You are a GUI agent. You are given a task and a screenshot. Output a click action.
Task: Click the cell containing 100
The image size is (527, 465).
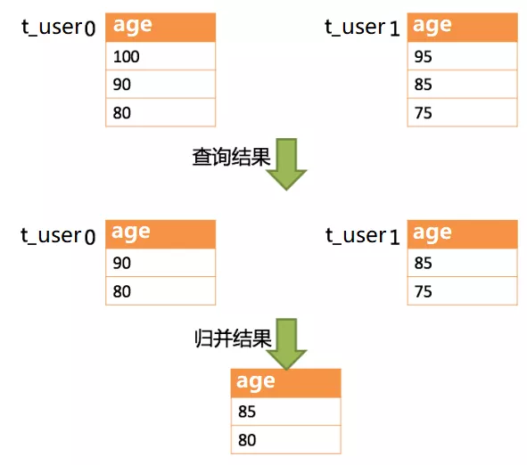point(161,56)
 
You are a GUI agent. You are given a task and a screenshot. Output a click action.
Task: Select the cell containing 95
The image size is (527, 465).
point(463,56)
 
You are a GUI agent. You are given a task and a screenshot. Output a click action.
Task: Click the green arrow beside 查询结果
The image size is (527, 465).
point(286,164)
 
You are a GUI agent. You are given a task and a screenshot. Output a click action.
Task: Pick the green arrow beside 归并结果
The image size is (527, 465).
point(286,344)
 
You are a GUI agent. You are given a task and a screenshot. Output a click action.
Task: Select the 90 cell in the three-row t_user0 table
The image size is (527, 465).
point(161,85)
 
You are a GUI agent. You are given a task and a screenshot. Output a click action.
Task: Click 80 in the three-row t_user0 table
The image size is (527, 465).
point(161,113)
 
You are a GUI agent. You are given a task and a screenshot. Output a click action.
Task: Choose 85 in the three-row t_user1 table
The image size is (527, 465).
point(463,85)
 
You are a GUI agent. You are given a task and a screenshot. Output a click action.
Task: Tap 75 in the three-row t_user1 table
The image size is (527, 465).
point(463,113)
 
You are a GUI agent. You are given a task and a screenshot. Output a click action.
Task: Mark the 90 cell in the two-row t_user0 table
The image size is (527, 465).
point(161,263)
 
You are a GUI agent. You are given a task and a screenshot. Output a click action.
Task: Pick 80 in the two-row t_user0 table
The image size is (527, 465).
point(161,291)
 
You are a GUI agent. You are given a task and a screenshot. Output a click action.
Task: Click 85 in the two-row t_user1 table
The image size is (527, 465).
point(463,263)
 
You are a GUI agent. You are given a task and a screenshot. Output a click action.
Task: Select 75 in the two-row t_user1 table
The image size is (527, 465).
point(463,291)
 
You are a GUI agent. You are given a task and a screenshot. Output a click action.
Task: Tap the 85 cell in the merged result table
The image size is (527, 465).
point(286,412)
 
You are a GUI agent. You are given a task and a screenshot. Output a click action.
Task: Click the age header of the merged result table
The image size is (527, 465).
point(286,382)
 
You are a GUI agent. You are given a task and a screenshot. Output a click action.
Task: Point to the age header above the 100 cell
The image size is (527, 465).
point(161,27)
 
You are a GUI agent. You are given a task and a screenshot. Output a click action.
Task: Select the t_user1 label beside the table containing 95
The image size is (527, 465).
point(362,27)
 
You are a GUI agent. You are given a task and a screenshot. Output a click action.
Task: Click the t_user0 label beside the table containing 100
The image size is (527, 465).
point(59,27)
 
